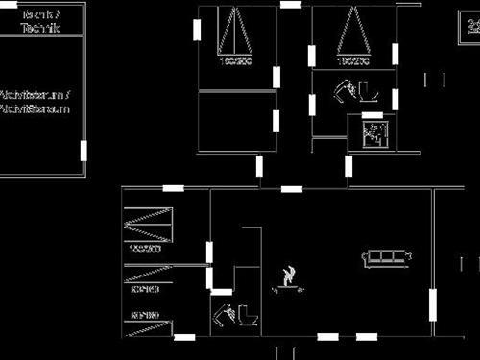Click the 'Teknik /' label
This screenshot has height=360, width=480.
[x=39, y=14]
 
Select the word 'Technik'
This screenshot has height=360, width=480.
[x=39, y=29]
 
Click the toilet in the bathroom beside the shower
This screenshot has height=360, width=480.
[x=369, y=92]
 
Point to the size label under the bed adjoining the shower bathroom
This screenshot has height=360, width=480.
[x=352, y=62]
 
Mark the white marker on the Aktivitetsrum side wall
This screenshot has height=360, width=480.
[x=84, y=151]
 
